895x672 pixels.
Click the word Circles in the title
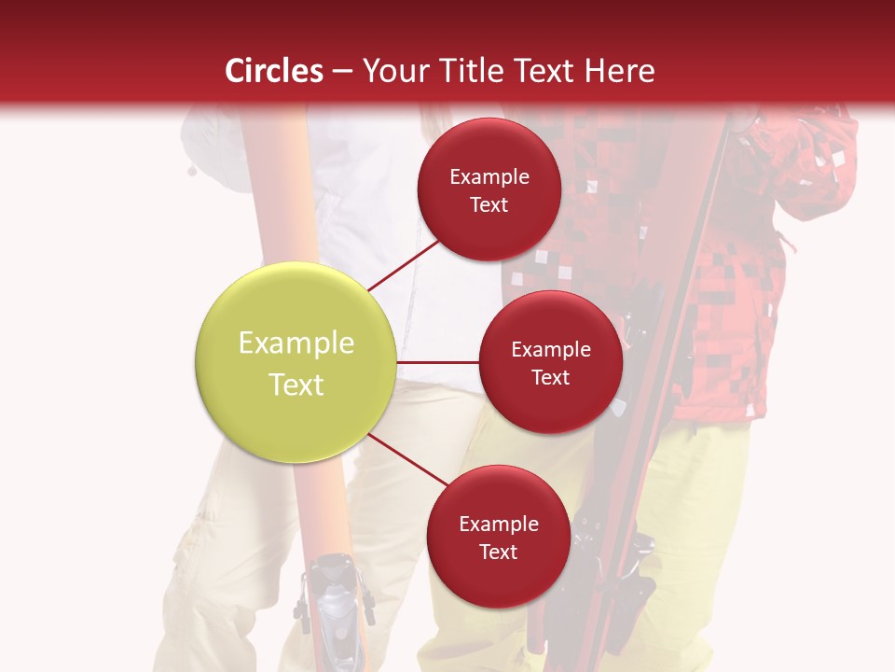pyautogui.click(x=274, y=71)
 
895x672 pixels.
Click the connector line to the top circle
pyautogui.click(x=403, y=265)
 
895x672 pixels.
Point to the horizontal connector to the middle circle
pyautogui.click(x=438, y=362)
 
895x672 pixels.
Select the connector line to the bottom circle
pyautogui.click(x=408, y=461)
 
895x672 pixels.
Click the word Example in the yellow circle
pyautogui.click(x=296, y=343)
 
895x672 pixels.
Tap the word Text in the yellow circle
pyautogui.click(x=296, y=385)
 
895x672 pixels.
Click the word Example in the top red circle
pyautogui.click(x=489, y=176)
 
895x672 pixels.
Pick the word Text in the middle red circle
pyautogui.click(x=550, y=377)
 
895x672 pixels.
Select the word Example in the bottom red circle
pyautogui.click(x=498, y=524)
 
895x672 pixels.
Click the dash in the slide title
pyautogui.click(x=342, y=71)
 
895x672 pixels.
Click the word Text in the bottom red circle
pyautogui.click(x=498, y=552)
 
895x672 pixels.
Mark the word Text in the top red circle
pyautogui.click(x=489, y=204)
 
